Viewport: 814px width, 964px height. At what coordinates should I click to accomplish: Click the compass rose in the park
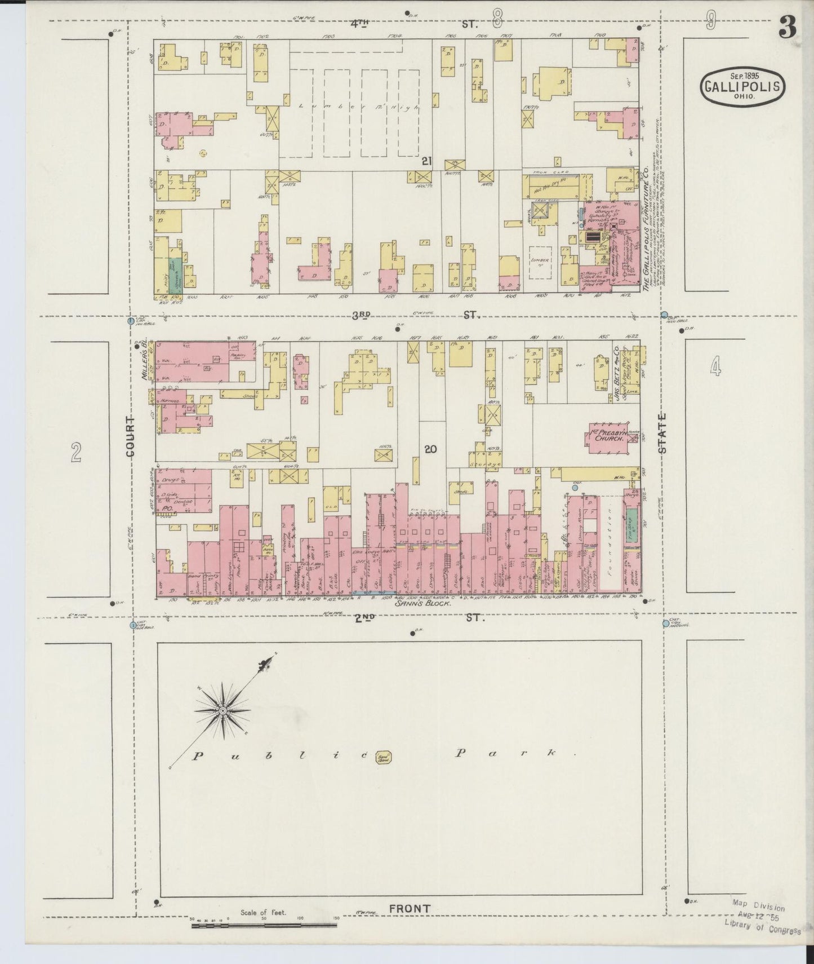pos(224,711)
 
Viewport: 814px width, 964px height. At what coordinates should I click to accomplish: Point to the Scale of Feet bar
pos(264,926)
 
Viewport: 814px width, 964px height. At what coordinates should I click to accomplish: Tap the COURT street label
pos(131,437)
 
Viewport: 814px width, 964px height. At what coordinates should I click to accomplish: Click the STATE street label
pos(662,433)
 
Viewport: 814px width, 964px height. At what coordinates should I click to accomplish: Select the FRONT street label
pos(410,909)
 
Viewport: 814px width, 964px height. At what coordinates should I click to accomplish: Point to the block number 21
pos(427,162)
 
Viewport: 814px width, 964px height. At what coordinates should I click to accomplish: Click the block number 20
pos(431,449)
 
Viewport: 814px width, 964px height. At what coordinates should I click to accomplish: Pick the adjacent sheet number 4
pos(715,367)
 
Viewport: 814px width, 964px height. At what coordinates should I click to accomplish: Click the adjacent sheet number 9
pos(711,22)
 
